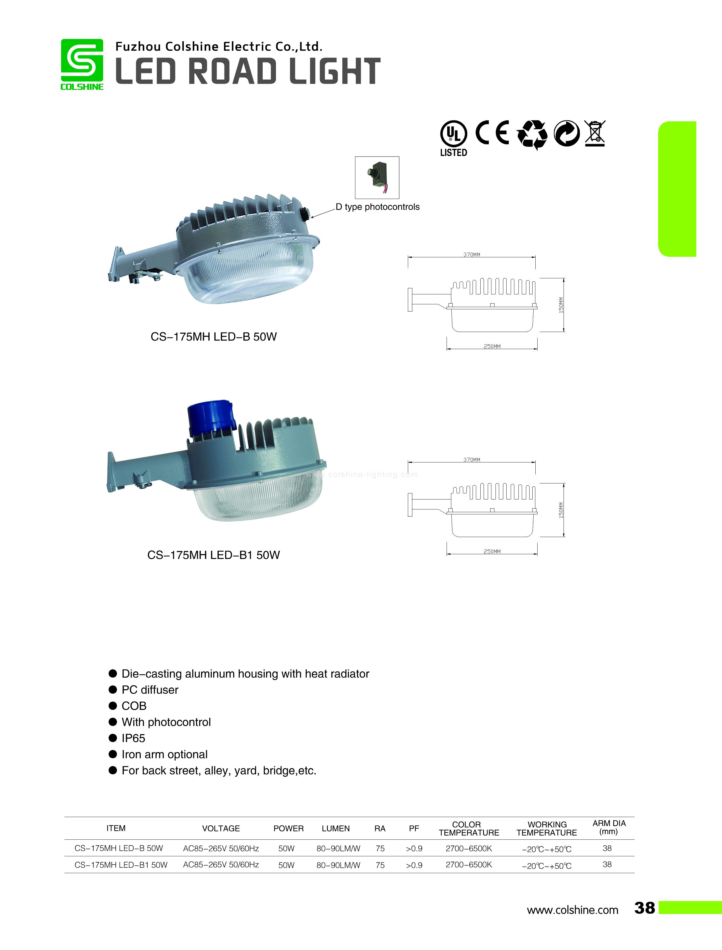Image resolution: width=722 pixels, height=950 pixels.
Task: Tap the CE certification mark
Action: pos(492,132)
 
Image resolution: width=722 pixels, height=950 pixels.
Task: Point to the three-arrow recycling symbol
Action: pos(532,134)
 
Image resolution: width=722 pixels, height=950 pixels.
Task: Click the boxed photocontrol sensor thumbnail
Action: pos(377,177)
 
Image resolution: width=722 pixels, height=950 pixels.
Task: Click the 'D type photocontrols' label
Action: pos(377,207)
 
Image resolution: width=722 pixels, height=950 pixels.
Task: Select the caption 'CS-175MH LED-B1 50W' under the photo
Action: pos(213,555)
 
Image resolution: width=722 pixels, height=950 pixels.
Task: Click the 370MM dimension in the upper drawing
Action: pos(471,255)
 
